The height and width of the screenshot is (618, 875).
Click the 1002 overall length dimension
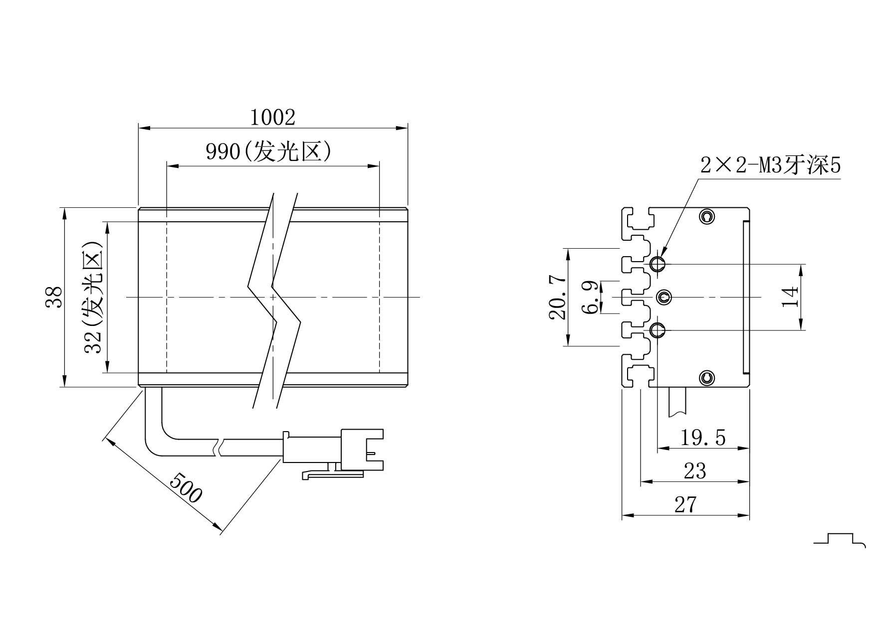pos(272,118)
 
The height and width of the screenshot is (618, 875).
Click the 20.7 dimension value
pos(557,298)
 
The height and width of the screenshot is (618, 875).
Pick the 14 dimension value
pos(790,297)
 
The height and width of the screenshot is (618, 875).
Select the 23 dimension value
pos(695,471)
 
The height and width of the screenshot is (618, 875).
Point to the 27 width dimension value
pos(685,505)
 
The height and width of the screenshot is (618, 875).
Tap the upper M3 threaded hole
pos(657,263)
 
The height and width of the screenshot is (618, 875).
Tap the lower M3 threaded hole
pos(657,329)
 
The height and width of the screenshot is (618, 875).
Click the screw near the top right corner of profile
pos(706,216)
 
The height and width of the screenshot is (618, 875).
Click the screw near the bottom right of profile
pos(706,378)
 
